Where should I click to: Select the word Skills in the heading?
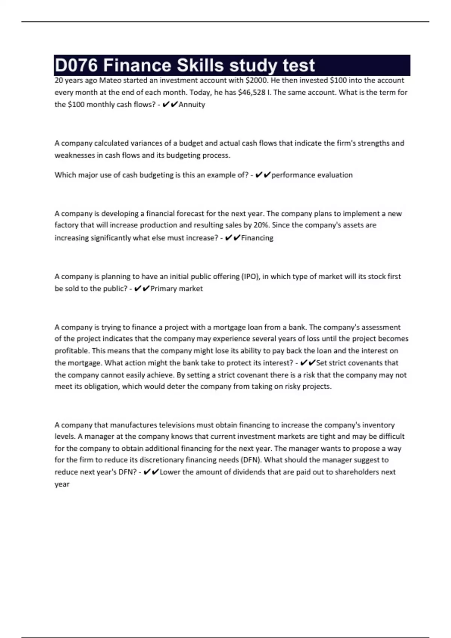pos(200,66)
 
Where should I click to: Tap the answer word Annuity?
pos(192,105)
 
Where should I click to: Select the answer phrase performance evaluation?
pos(312,175)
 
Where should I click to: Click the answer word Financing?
pos(257,238)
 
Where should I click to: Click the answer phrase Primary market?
pos(176,289)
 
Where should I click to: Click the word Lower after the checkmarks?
pos(170,472)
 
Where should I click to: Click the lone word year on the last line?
pos(62,485)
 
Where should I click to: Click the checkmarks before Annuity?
pos(170,105)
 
